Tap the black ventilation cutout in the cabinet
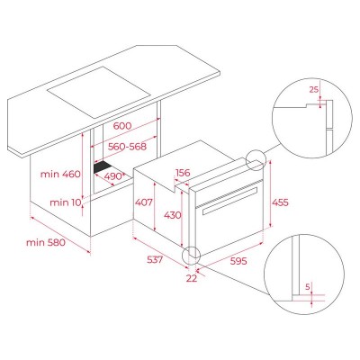click(x=107, y=167)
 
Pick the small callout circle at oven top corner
click(x=255, y=160)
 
